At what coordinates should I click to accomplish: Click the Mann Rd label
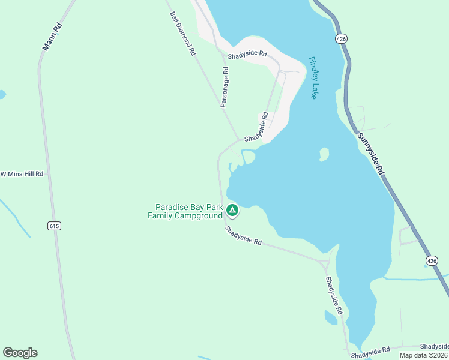click(x=53, y=37)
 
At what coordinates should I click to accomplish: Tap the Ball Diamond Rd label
click(x=182, y=34)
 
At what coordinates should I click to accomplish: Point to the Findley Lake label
click(x=313, y=78)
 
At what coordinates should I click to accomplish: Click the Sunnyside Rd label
click(x=370, y=153)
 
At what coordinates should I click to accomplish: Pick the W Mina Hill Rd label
click(x=22, y=174)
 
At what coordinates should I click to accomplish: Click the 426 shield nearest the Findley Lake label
click(x=341, y=38)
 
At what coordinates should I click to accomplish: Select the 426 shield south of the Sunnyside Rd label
click(x=432, y=260)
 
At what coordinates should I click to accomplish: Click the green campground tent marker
click(x=232, y=210)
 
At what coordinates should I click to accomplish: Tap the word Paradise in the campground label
click(x=173, y=207)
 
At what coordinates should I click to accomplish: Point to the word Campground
click(x=199, y=216)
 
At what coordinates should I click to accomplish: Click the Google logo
click(x=20, y=353)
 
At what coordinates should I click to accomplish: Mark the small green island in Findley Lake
click(x=324, y=154)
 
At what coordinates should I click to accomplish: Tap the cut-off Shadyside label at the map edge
click(x=434, y=347)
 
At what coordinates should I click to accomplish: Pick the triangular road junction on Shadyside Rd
click(x=325, y=264)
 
